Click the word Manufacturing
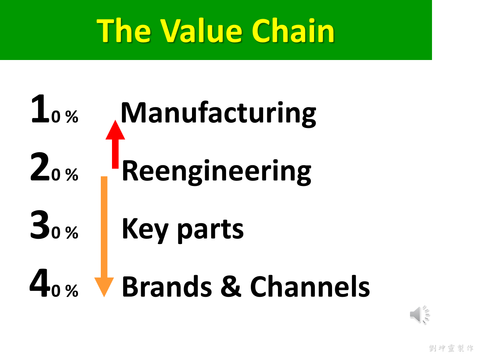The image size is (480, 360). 218,114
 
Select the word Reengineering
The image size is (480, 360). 216,172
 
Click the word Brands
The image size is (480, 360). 167,286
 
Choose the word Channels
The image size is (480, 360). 310,286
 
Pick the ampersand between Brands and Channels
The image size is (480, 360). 231,286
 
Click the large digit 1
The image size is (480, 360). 40,109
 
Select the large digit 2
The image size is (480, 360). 40,166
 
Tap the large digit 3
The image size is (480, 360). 40,225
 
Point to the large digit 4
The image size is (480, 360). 39,283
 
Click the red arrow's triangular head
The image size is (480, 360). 115,130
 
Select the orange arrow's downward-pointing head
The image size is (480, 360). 104,287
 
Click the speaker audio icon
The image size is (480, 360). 420,315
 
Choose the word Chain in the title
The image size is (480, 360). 293,30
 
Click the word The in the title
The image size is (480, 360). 124,30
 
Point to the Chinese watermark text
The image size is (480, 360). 451,348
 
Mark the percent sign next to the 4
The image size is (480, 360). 72,291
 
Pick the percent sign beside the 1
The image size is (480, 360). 72,117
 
